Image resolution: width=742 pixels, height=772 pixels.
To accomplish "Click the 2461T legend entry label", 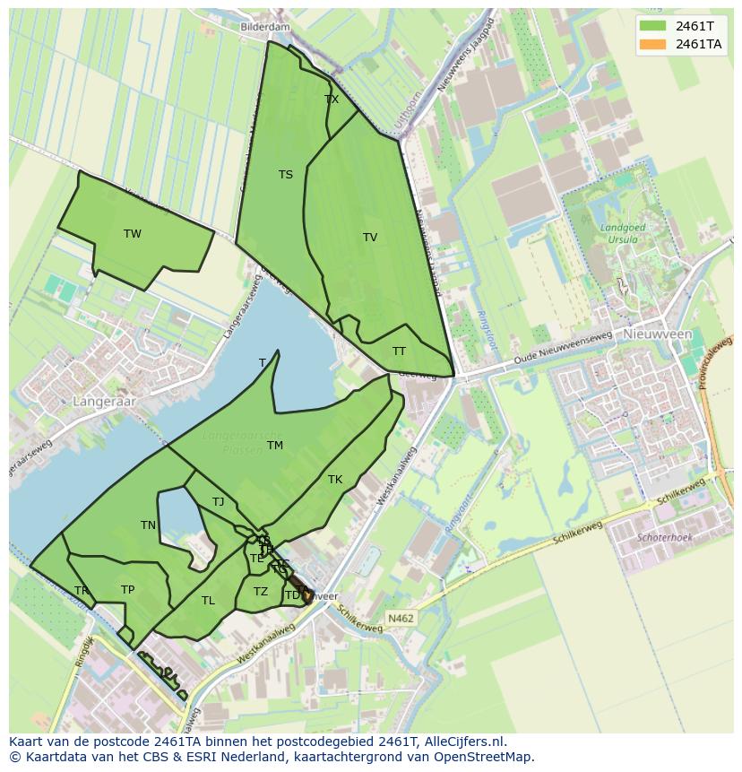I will click(x=694, y=25).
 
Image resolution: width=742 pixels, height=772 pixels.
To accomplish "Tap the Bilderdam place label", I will click(x=265, y=27).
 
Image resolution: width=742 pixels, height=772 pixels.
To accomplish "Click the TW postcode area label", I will click(x=133, y=234).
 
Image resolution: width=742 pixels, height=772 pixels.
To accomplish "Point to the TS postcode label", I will click(x=285, y=175).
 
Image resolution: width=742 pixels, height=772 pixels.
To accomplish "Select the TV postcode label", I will click(x=370, y=238).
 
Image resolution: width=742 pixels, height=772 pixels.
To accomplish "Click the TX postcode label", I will click(x=332, y=100).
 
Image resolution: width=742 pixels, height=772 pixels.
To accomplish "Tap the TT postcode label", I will click(x=399, y=351).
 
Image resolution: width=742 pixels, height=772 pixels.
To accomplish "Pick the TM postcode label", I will click(x=275, y=446).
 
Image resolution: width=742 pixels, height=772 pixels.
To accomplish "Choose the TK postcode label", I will click(x=335, y=480).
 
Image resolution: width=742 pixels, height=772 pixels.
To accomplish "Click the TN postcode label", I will click(x=149, y=525).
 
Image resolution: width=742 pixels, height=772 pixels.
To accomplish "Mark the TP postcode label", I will click(x=127, y=590).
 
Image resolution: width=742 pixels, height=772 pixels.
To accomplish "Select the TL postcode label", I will click(x=208, y=601).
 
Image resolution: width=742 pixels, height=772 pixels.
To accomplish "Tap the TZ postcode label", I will click(x=261, y=592).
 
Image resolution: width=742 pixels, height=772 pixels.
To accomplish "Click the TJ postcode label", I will click(x=219, y=502).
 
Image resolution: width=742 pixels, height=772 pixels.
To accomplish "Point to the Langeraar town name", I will click(x=105, y=402).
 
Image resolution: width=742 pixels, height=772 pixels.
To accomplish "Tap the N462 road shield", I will click(x=401, y=619).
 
